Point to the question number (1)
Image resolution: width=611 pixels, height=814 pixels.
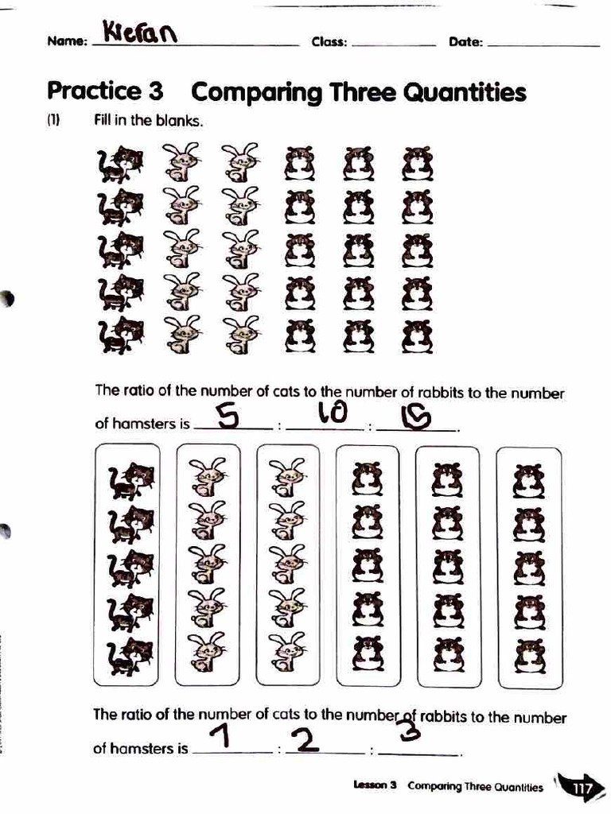pos(53,122)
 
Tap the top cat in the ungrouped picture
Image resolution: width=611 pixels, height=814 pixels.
pos(120,162)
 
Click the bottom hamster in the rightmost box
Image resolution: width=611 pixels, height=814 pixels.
pos(529,656)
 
